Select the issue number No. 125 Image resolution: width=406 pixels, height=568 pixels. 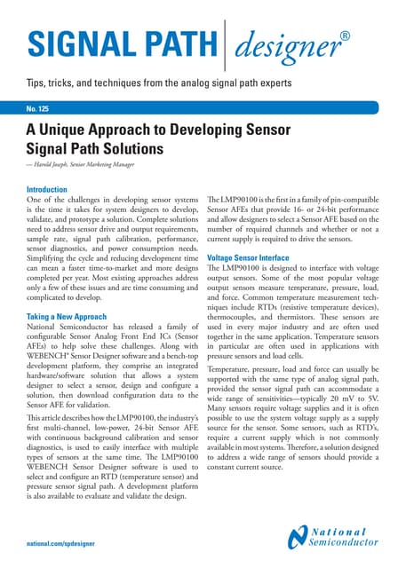click(43, 109)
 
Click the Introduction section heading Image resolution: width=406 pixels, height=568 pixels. click(53, 190)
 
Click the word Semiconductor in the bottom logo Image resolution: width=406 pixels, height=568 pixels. click(348, 544)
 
